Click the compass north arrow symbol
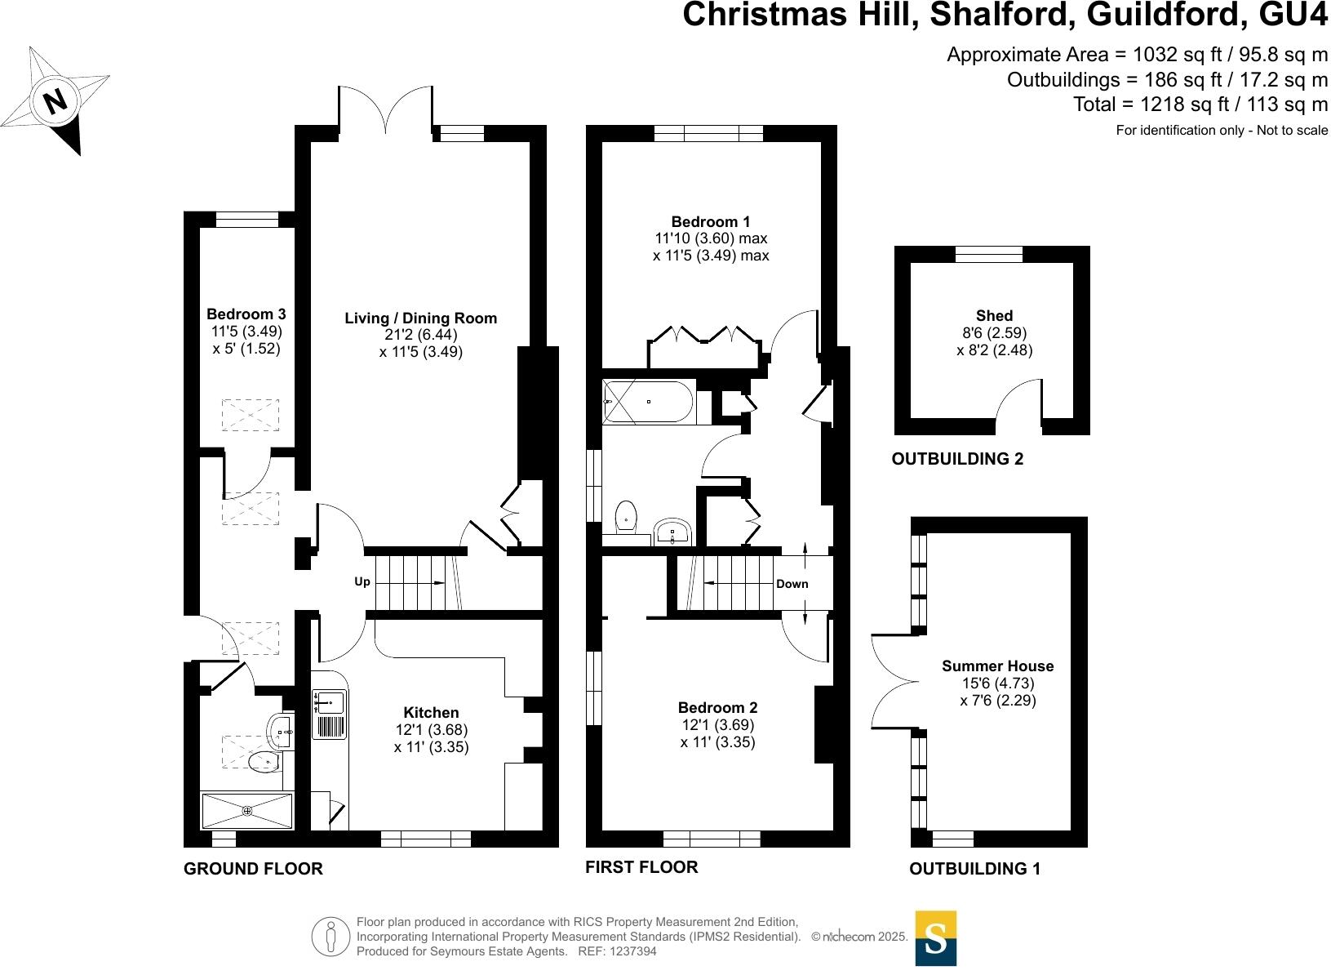(56, 101)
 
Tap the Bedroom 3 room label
(246, 314)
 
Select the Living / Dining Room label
(420, 318)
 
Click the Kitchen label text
(431, 713)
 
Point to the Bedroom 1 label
(710, 222)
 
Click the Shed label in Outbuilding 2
(994, 316)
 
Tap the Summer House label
(997, 666)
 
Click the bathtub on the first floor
(649, 402)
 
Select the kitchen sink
(330, 700)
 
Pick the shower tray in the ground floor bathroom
(246, 810)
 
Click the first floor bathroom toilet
(626, 515)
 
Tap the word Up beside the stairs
(362, 581)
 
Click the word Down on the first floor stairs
(792, 584)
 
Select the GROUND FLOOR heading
(253, 869)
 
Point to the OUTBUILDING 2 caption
(956, 459)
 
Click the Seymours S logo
(935, 938)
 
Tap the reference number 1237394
(628, 951)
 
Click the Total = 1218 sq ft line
(1200, 105)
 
